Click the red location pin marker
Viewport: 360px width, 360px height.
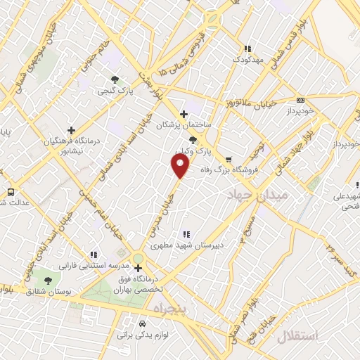(181, 166)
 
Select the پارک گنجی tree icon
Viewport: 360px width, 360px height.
(115, 79)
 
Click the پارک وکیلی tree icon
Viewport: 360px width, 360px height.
(193, 140)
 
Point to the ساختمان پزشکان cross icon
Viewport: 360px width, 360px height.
(184, 114)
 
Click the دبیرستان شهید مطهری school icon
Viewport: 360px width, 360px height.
(186, 234)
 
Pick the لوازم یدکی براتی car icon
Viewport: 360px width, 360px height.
(143, 324)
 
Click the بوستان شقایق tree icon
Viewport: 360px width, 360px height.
(47, 280)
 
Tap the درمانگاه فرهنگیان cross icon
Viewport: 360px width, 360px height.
(71, 130)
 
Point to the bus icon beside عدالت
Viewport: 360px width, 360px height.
(11, 191)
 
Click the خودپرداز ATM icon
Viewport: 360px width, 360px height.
(300, 101)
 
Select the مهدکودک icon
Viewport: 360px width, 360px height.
(247, 49)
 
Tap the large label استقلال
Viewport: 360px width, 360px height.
(297, 336)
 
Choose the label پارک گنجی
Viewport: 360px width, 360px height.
(115, 91)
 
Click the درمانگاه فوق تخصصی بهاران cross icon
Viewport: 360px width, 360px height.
(138, 268)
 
